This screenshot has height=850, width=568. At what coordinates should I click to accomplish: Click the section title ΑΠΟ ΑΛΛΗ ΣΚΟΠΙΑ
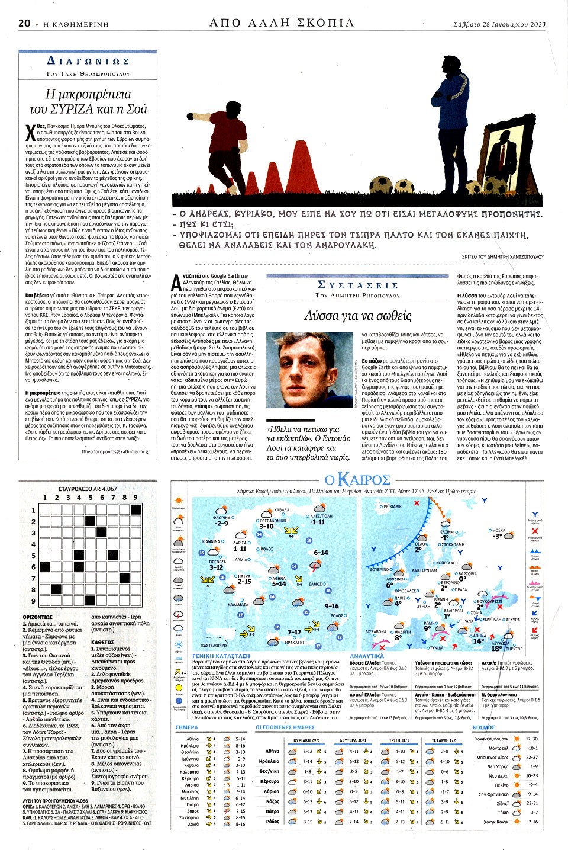pos(282,23)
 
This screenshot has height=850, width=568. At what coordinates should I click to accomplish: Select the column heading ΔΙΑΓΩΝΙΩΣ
pos(88,61)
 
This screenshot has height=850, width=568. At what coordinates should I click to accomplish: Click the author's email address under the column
pos(115,451)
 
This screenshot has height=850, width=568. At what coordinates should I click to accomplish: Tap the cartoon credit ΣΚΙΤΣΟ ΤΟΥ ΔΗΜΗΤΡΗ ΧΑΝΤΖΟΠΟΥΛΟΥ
pos(502,257)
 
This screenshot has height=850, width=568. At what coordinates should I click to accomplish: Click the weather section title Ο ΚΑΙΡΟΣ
pos(357,479)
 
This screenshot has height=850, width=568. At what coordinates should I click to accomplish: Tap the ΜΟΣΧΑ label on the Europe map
pos(499,530)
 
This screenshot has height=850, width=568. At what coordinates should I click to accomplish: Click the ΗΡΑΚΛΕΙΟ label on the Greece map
pos(294,643)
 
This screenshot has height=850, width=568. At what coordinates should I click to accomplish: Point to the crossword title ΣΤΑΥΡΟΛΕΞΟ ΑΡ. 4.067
pos(88,489)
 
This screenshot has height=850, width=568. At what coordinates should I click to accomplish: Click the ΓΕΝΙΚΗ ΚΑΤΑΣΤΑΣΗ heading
pos(221,656)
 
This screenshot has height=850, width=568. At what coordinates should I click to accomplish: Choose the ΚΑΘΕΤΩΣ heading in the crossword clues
pos(103,641)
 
